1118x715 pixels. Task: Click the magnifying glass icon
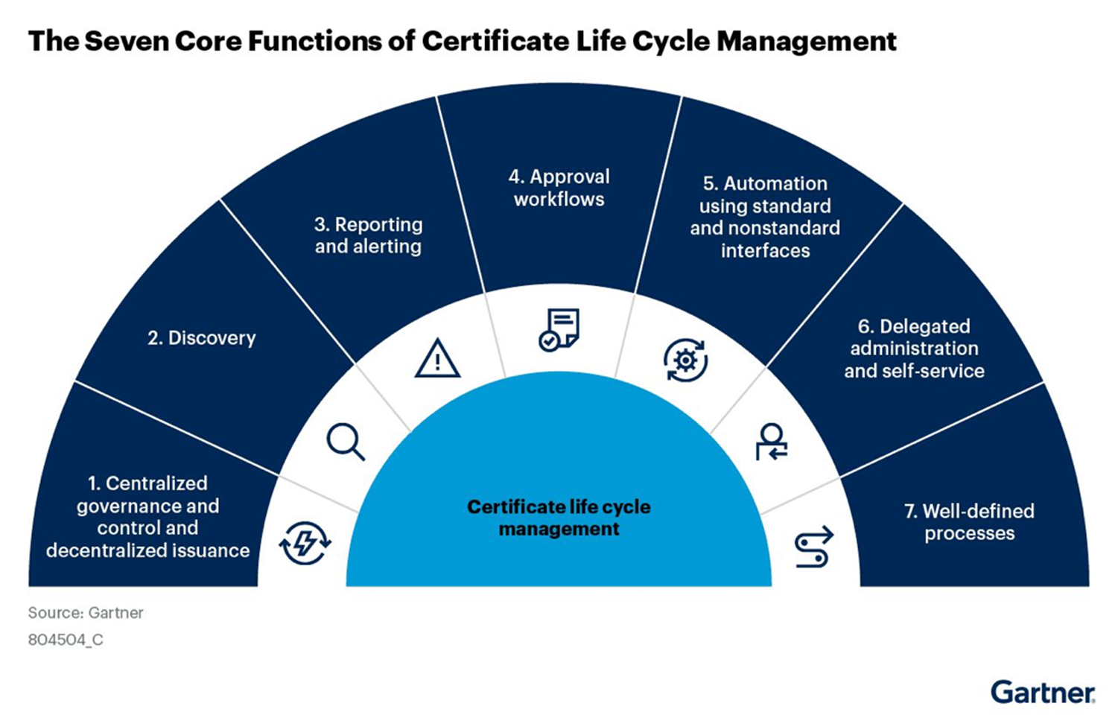coord(346,442)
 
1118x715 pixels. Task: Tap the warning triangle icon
coord(437,358)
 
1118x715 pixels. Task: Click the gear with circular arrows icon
coord(685,360)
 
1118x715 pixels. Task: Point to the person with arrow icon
coord(772,442)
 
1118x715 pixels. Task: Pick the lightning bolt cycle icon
coord(304,542)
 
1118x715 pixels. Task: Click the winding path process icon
coord(813,548)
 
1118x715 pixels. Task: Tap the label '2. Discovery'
coord(201,338)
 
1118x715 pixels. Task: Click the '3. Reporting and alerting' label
coord(368,235)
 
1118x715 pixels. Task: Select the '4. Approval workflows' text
coord(559,188)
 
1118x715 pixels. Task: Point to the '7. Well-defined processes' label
coord(969,522)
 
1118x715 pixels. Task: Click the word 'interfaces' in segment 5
coord(765,251)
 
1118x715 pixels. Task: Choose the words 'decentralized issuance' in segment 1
coord(147,550)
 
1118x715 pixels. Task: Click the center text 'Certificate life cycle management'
coord(559,518)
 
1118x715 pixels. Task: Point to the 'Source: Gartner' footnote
coord(86,613)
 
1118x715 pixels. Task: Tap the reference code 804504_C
coord(66,640)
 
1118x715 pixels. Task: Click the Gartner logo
coord(1043,692)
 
